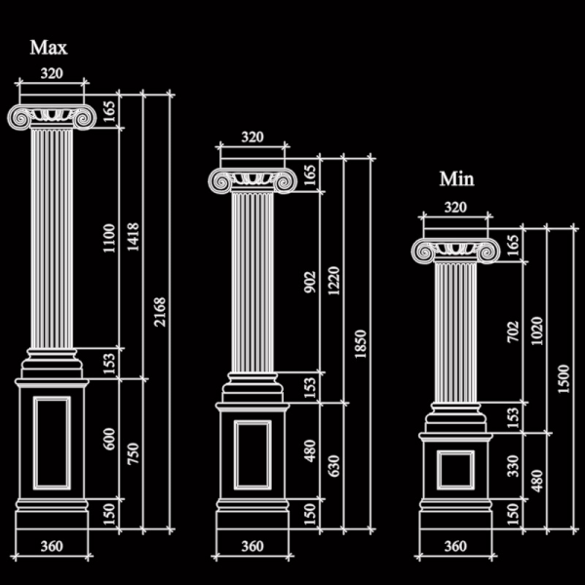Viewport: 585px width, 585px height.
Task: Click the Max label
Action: pos(49,48)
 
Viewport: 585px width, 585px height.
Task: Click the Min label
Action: pos(456,178)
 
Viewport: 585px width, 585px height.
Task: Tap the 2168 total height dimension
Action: pos(160,312)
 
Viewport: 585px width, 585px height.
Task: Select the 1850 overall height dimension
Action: pos(361,343)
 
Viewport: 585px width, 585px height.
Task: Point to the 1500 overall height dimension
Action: pos(564,378)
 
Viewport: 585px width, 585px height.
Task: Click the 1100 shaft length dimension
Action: pos(109,238)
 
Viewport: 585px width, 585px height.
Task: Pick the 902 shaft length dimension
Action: pos(310,282)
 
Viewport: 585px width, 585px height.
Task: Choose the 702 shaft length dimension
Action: pos(513,331)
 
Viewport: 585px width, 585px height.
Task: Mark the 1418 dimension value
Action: pos(134,237)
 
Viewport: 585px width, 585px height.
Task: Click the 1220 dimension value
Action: pos(333,281)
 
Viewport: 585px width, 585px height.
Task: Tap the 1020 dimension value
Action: pos(537,331)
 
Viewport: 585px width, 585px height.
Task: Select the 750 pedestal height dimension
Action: pos(134,453)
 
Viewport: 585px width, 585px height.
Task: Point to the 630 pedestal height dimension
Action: pos(333,466)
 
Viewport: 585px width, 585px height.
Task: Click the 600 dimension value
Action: pos(109,439)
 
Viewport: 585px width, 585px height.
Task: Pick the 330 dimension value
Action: pos(513,466)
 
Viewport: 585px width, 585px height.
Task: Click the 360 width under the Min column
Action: pos(455,546)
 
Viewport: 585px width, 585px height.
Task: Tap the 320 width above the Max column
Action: pos(52,73)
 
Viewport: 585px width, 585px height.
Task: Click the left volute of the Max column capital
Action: pos(19,118)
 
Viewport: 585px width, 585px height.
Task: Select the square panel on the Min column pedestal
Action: pos(455,470)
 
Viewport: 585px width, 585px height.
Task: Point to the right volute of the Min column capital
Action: pos(487,252)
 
